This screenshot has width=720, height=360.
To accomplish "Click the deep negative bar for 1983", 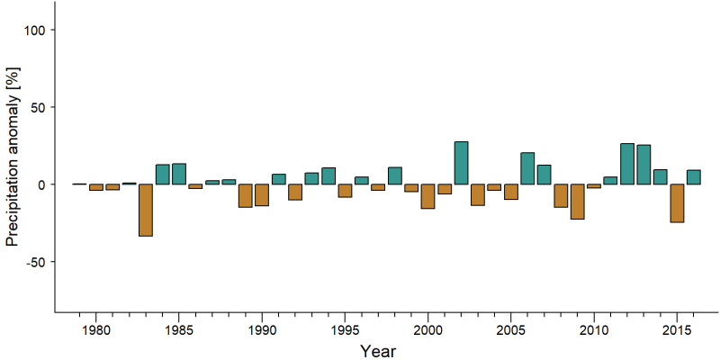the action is [x=146, y=210].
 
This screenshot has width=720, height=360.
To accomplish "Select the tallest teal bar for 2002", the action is [x=461, y=163].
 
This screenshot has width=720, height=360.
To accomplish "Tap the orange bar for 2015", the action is [x=677, y=203].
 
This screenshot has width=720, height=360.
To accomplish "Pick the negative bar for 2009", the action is [x=577, y=202].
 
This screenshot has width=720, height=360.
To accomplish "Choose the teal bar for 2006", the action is [x=527, y=168].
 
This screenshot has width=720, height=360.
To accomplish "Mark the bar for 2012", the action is [x=626, y=164].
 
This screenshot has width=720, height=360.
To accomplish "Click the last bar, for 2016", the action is [x=693, y=177].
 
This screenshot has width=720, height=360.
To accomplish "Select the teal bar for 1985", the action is [x=179, y=174].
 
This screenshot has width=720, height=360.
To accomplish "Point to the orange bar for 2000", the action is [x=428, y=196].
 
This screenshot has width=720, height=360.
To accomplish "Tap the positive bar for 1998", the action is [x=395, y=175].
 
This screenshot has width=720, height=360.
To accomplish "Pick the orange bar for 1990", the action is [x=262, y=194].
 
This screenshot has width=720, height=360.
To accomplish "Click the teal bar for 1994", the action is [x=328, y=175].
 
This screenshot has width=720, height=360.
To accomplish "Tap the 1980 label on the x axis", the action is [x=96, y=329].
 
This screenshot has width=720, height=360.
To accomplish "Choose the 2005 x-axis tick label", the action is [x=510, y=329].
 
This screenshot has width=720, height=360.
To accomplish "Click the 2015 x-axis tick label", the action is [x=677, y=329].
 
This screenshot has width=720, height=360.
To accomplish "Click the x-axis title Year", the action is [x=377, y=351].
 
